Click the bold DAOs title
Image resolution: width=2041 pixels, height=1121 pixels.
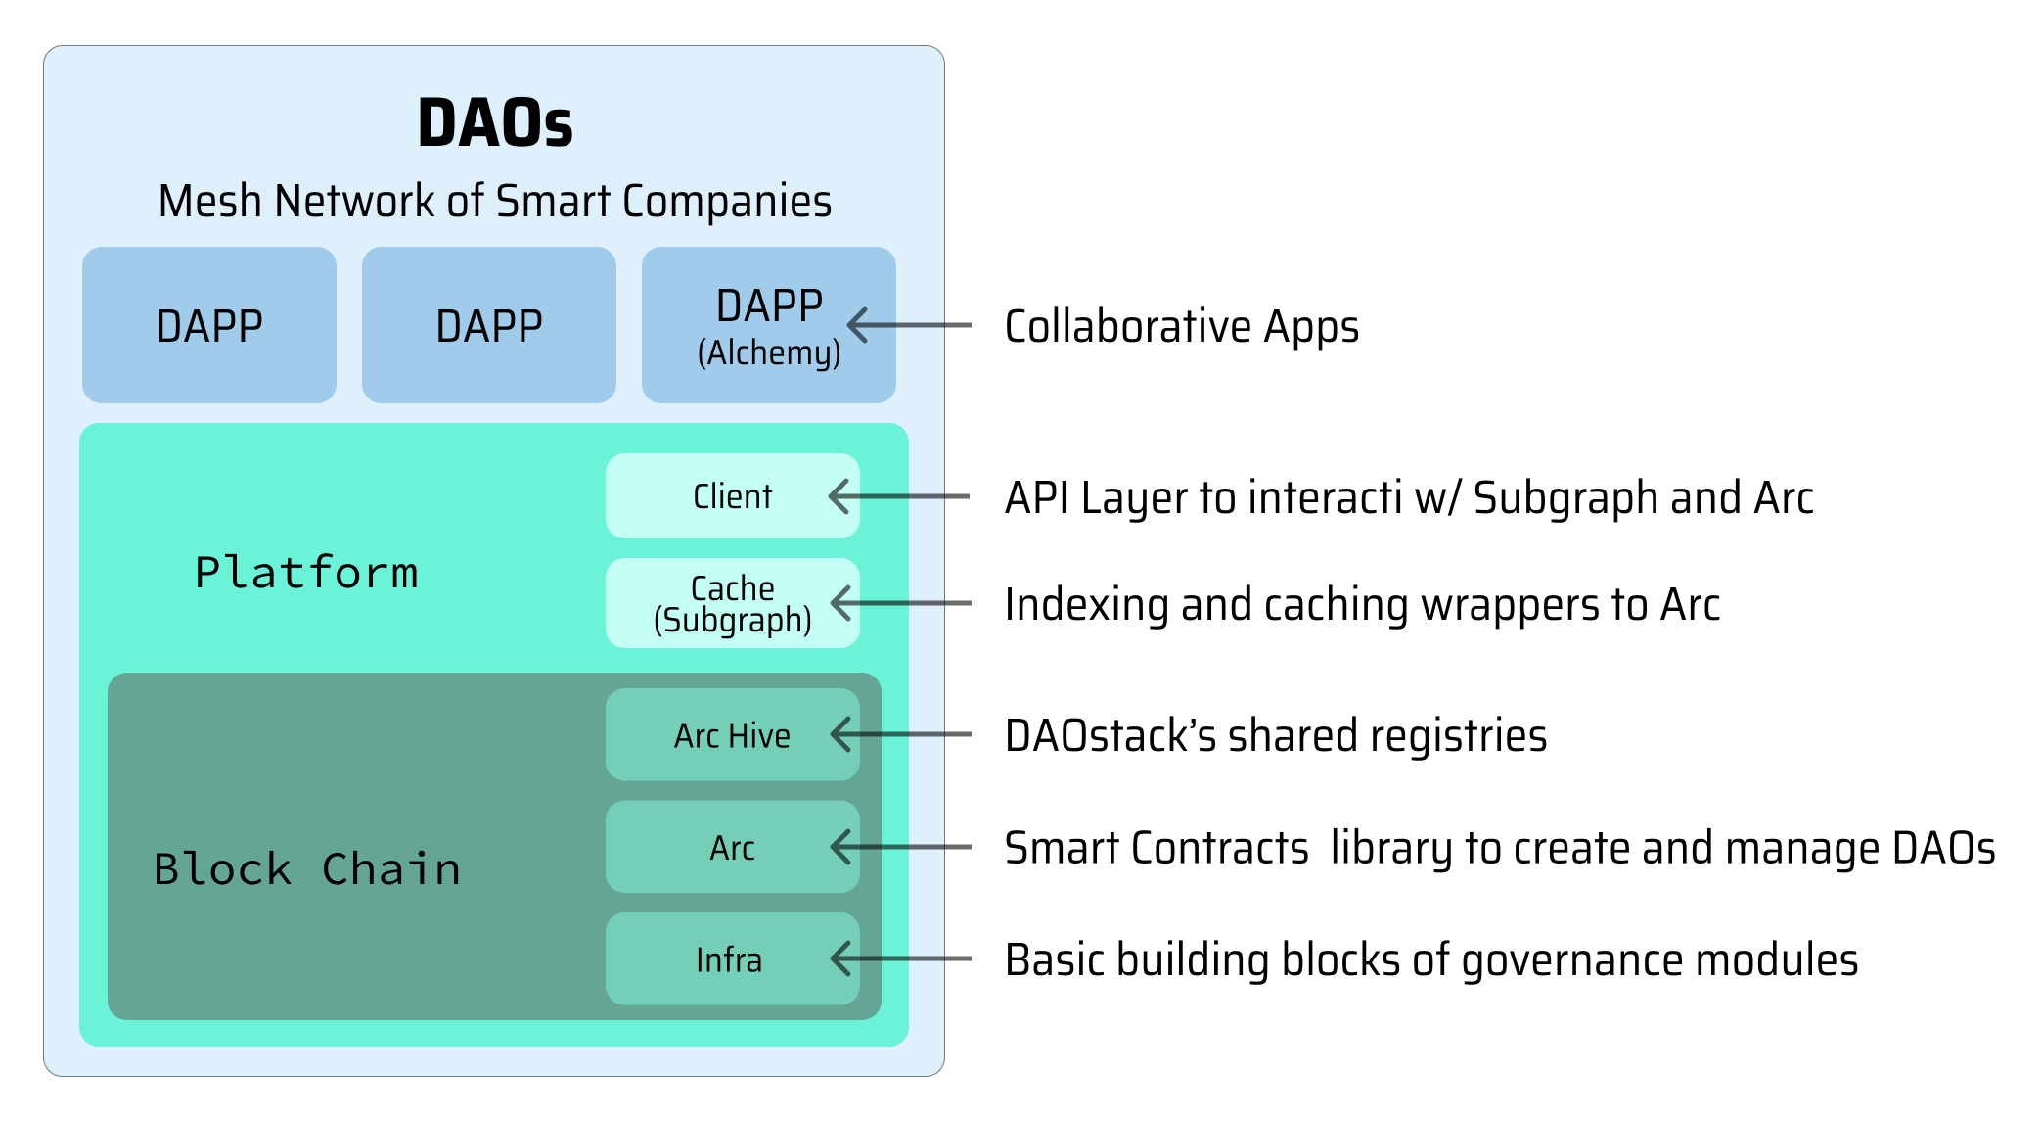click(495, 123)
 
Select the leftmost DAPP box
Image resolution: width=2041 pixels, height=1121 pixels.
click(209, 325)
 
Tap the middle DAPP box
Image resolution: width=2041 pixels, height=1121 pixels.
click(489, 325)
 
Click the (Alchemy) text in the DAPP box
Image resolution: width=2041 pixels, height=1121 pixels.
click(769, 353)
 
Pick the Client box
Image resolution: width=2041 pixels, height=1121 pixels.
click(732, 496)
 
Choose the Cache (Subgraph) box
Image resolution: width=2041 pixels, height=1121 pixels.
click(732, 603)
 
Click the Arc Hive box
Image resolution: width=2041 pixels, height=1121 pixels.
click(732, 735)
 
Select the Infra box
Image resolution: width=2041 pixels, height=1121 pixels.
click(729, 959)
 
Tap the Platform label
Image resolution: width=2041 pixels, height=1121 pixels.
click(306, 573)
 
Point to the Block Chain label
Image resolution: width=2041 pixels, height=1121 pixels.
click(307, 869)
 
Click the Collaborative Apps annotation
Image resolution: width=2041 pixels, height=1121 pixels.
click(1181, 327)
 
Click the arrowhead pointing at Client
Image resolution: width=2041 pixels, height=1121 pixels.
click(839, 496)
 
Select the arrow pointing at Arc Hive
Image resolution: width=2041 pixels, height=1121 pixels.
click(900, 734)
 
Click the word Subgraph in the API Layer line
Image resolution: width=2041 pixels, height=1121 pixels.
click(1565, 498)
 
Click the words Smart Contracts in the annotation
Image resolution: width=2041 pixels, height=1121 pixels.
click(1157, 848)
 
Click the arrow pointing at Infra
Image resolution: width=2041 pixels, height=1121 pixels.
click(900, 958)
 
